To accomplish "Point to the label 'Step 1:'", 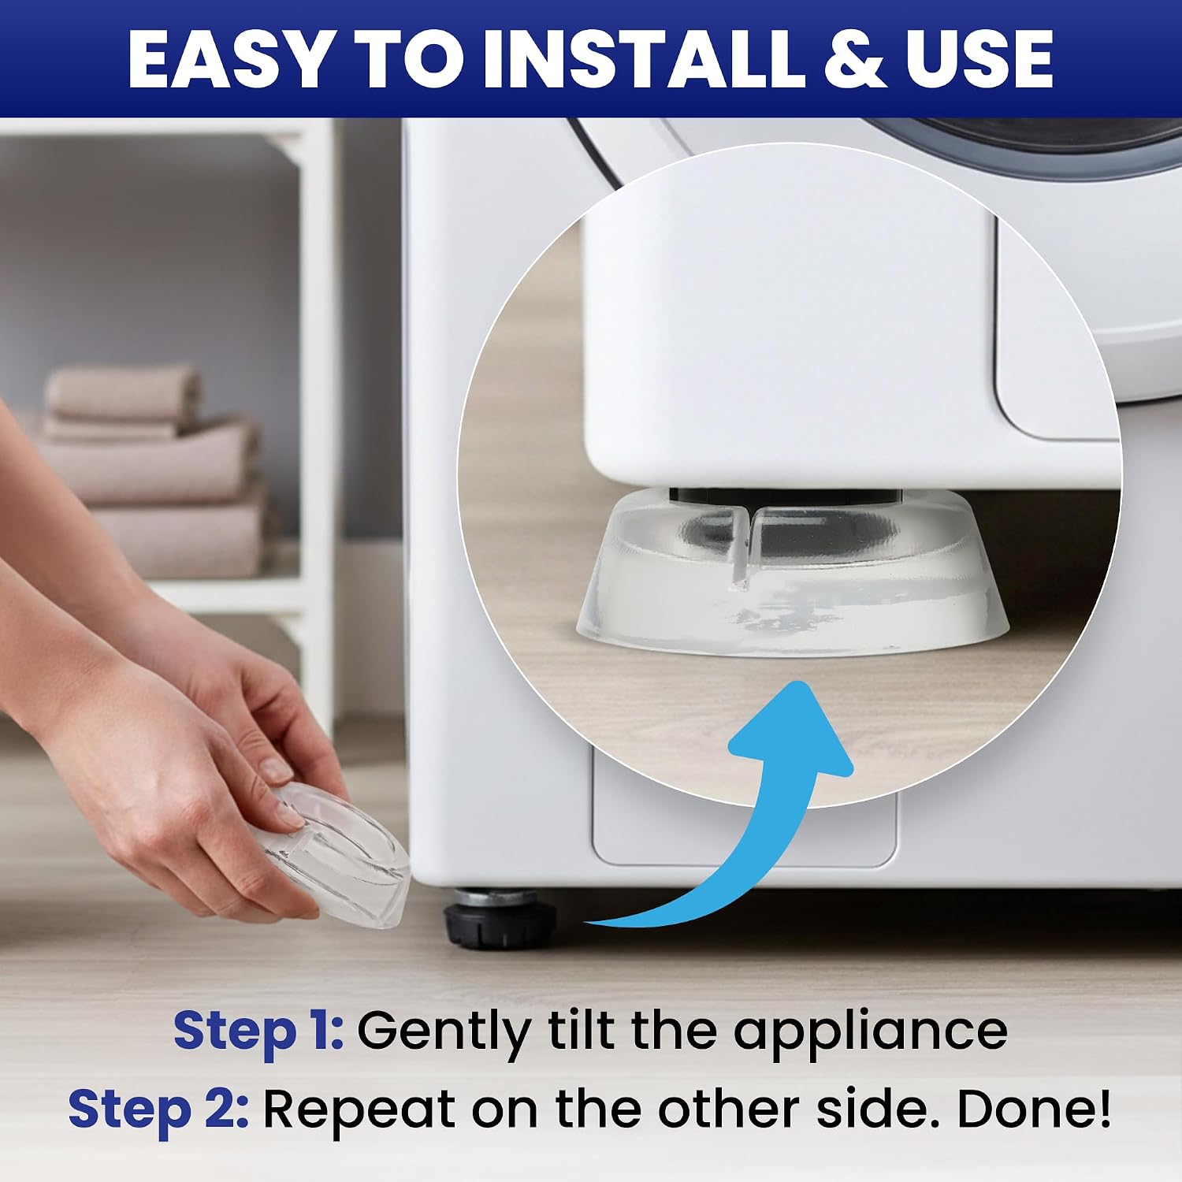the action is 258,1031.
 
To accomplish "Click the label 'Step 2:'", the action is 158,1109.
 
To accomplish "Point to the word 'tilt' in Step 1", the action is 578,1031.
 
